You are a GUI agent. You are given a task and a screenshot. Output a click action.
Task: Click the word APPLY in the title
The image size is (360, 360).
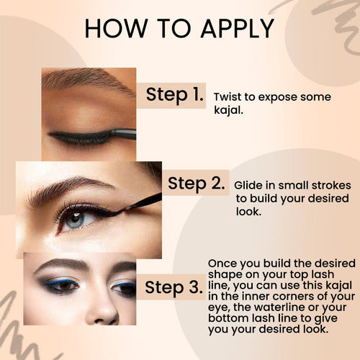coord(238,29)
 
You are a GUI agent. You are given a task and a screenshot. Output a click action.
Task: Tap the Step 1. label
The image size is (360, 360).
coord(174,95)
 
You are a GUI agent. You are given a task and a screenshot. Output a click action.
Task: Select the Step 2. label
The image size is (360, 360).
coord(197,184)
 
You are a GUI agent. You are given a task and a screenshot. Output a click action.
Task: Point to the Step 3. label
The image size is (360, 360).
coord(174,287)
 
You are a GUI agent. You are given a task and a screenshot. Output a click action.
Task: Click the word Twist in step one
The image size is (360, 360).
coord(228,97)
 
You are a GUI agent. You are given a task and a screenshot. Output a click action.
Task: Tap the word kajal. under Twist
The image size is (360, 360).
coord(228,110)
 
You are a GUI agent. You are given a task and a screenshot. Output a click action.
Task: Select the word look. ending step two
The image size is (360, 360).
coord(248,212)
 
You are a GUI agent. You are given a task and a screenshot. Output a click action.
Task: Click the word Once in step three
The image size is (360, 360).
coord(222,264)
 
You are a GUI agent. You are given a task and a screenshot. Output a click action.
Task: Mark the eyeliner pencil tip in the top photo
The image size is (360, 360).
coord(113,132)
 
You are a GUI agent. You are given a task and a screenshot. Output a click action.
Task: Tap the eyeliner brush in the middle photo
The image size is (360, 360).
coord(142,202)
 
